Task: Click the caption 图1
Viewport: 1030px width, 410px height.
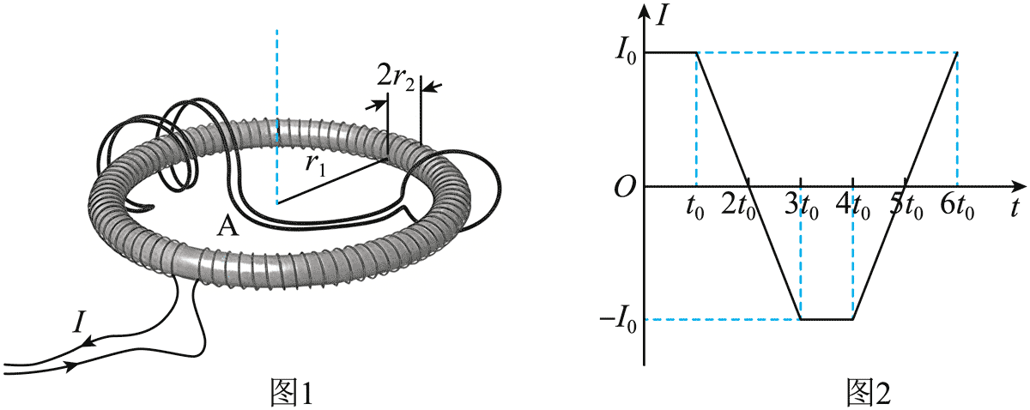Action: (292, 393)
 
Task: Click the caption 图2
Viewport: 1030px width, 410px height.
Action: (869, 393)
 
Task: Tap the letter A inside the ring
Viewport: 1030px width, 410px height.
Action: (228, 226)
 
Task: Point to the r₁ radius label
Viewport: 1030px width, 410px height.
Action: (316, 166)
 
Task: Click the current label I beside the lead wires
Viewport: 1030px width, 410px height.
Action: (79, 321)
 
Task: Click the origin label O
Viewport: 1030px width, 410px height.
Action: (625, 188)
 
